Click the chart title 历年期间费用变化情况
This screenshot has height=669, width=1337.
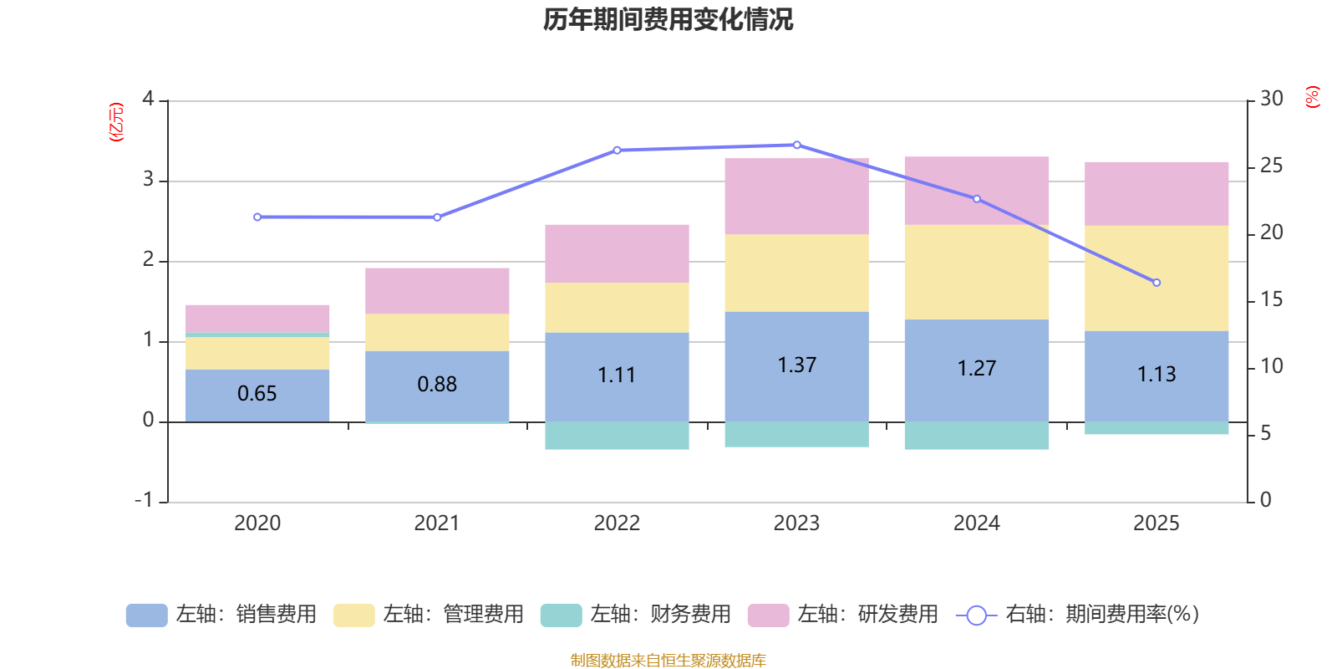[668, 19]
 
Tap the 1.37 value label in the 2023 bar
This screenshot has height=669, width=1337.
[796, 365]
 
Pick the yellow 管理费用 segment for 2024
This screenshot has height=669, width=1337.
[977, 272]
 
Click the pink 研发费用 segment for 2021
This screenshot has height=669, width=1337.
[437, 291]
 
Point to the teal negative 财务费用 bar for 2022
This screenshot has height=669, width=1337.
[617, 436]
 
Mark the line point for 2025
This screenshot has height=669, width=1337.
[1157, 283]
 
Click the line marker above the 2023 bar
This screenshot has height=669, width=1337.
[796, 146]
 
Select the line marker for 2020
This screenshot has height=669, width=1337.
[257, 217]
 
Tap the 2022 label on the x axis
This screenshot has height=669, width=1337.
[617, 523]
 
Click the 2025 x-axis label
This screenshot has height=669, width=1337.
[1156, 523]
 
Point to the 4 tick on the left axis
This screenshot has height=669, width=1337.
[149, 100]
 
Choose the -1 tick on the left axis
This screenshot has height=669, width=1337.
[145, 500]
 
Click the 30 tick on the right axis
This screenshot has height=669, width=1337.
[1271, 100]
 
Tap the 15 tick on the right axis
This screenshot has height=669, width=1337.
[1271, 299]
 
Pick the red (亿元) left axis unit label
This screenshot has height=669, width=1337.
[116, 122]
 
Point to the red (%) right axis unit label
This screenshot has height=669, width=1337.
[1313, 97]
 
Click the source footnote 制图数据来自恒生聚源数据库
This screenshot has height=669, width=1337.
[668, 661]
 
